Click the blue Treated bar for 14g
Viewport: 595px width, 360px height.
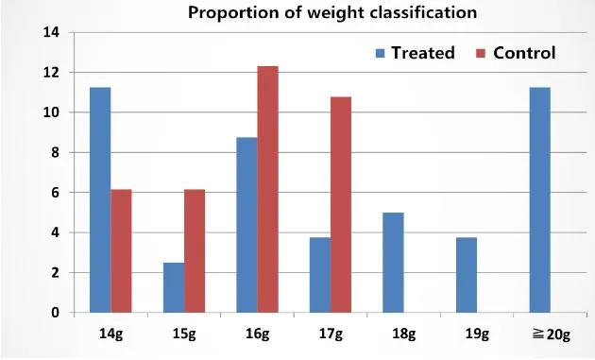(x=100, y=199)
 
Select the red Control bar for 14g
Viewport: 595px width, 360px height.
(x=121, y=250)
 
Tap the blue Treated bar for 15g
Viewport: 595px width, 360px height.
(x=174, y=287)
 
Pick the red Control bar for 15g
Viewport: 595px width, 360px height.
(x=195, y=250)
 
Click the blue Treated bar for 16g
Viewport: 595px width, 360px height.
(x=246, y=225)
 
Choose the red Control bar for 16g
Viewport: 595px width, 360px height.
(x=267, y=189)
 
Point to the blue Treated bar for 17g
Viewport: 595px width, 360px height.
(x=320, y=275)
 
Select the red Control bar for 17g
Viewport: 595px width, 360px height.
(x=341, y=204)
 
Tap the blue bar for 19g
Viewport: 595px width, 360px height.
(x=467, y=275)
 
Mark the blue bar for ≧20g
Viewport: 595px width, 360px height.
(x=539, y=199)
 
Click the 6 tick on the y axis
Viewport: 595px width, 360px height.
(x=57, y=193)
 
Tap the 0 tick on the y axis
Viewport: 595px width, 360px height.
(x=57, y=313)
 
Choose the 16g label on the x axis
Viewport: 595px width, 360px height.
(x=257, y=334)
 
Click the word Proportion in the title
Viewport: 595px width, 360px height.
(x=230, y=13)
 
